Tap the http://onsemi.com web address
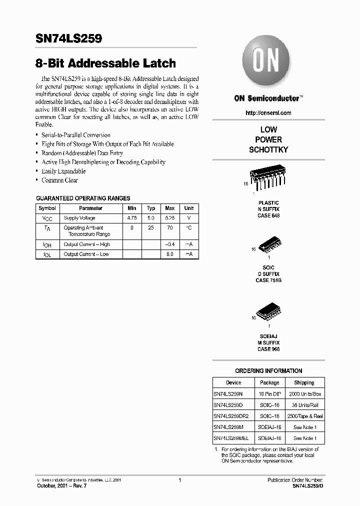268,113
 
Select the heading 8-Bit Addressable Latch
105,63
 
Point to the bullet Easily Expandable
63,171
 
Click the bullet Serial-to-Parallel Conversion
75,135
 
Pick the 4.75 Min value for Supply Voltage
132,218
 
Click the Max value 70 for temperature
170,227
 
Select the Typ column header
151,208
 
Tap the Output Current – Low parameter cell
86,254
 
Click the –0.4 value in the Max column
170,244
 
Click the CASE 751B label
268,280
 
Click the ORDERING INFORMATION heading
268,370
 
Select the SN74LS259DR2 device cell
231,416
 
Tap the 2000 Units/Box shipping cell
304,394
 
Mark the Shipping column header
304,382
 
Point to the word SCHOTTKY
268,149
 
